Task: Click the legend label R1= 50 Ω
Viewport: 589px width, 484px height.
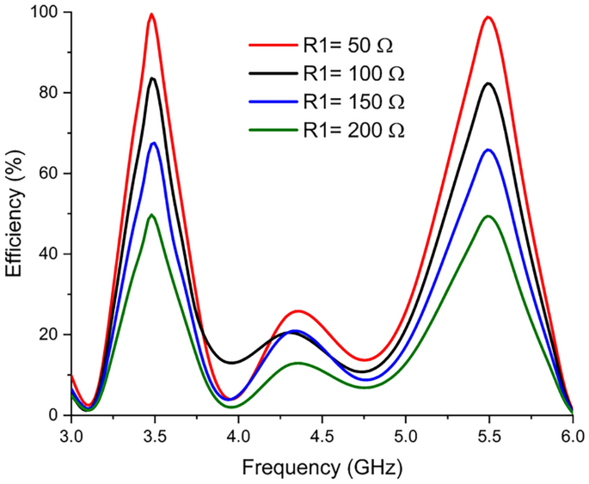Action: click(352, 45)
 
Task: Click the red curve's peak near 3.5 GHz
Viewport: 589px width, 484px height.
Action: click(151, 14)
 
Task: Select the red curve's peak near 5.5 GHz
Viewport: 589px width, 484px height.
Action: click(488, 17)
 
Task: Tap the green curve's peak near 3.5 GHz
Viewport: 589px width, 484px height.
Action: click(151, 215)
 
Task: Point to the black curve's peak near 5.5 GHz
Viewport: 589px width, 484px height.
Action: click(488, 83)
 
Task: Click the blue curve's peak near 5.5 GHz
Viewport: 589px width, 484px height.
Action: click(488, 150)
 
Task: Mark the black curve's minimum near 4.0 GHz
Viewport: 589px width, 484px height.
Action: click(232, 362)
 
